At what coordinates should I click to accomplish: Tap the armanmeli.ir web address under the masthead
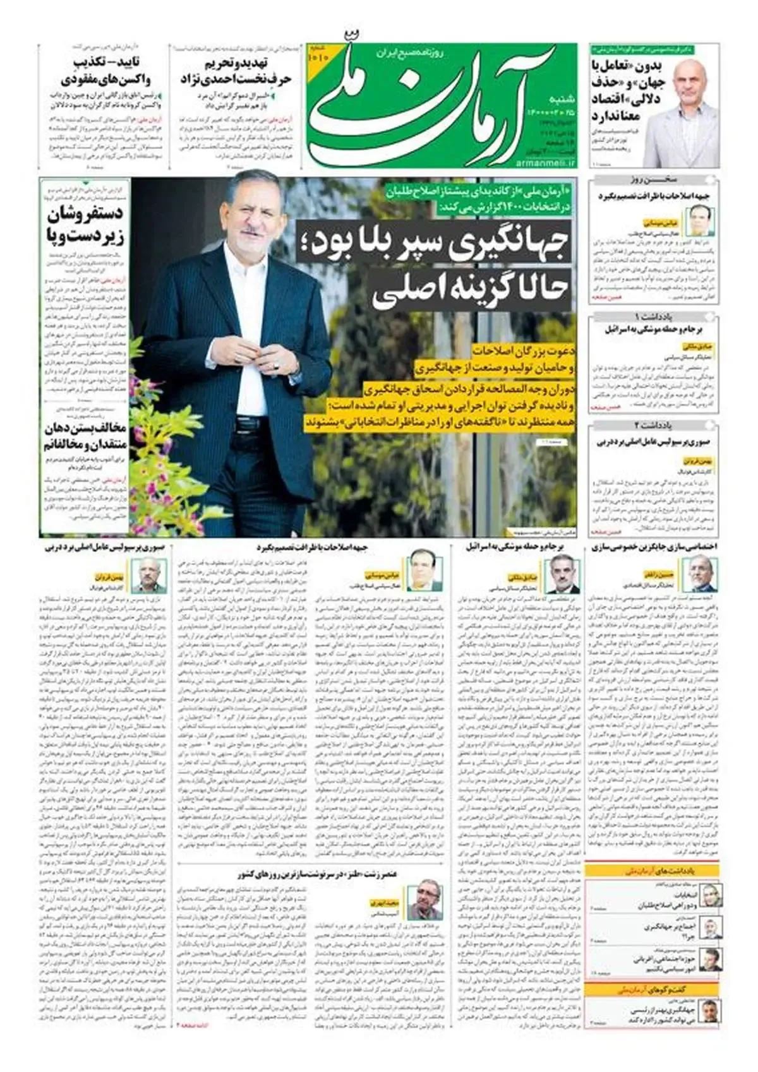(x=547, y=164)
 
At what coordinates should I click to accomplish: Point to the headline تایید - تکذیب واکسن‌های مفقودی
(x=105, y=71)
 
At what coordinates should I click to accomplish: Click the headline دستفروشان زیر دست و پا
(x=85, y=225)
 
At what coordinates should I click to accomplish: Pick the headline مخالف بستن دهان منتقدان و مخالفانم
(x=85, y=436)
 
